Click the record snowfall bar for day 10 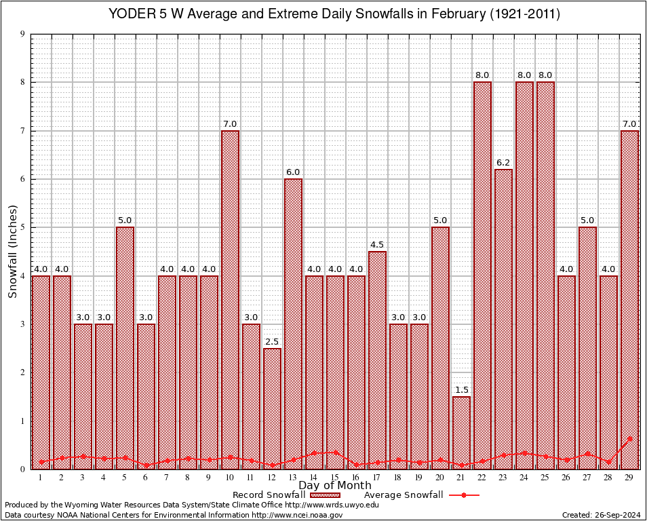(x=230, y=298)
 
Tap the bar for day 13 (x=293, y=323)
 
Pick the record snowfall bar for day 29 (x=629, y=298)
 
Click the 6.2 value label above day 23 (x=503, y=163)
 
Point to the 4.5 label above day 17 (x=377, y=245)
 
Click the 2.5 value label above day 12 (x=272, y=342)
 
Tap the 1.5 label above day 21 (x=461, y=390)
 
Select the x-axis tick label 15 (x=335, y=478)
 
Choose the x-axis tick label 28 (x=608, y=478)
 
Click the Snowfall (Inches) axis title (x=13, y=251)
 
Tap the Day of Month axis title (x=334, y=486)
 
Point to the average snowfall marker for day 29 (x=629, y=439)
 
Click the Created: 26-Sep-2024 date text (x=601, y=515)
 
